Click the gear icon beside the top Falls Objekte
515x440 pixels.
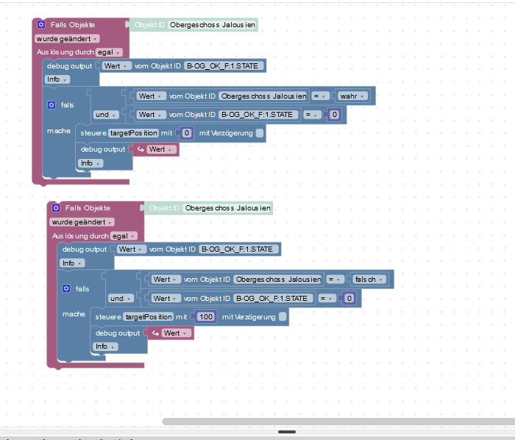[41, 24]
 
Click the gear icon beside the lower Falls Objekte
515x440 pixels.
[56, 207]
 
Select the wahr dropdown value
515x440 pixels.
[352, 96]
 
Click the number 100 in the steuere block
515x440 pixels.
[206, 317]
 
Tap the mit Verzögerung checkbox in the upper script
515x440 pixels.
[260, 133]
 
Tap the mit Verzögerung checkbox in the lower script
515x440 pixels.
[283, 316]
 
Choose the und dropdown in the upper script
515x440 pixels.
[106, 115]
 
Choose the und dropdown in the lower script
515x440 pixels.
[121, 299]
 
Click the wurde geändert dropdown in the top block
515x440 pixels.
[67, 39]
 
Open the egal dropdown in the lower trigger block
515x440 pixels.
[124, 235]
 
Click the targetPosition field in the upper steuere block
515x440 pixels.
[133, 133]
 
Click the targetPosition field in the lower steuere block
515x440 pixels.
[148, 317]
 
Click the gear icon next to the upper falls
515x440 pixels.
[51, 104]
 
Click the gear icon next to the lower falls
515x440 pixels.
[66, 288]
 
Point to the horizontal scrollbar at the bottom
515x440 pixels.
[338, 422]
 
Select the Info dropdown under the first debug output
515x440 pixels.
[57, 79]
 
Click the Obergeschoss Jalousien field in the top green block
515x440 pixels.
[213, 24]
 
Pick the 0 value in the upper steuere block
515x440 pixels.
[187, 133]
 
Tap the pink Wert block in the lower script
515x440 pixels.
[171, 333]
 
